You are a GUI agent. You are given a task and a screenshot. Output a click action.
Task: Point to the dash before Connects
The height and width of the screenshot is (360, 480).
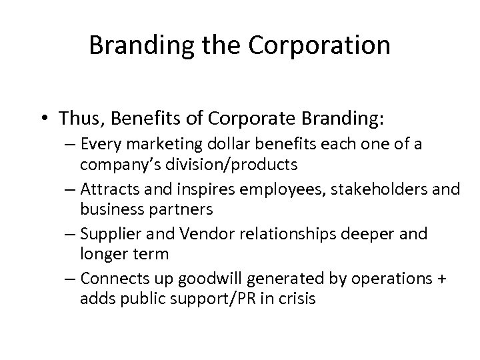click(x=71, y=280)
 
